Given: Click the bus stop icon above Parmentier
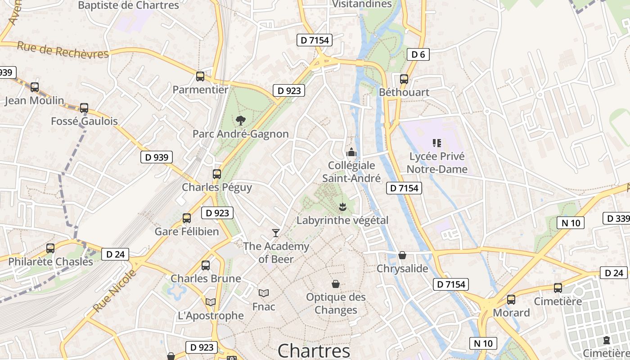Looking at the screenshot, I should coord(200,76).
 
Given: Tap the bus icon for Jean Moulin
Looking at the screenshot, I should coord(35,87).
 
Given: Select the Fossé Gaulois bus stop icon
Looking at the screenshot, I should coord(84,108).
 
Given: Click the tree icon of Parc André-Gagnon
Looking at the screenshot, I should coord(241,120).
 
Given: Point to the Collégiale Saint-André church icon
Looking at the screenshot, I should coord(351,152).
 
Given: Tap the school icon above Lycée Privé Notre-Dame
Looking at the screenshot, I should coord(436,143).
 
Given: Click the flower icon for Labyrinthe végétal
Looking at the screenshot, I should coord(342,207).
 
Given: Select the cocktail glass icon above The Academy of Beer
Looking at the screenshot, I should coord(276,233).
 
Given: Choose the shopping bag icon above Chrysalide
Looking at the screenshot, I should coord(402,255).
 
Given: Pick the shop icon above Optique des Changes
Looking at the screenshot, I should coord(336,284).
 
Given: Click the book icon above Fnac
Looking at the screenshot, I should coord(264,293).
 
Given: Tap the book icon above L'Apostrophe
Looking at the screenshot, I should coord(211,302).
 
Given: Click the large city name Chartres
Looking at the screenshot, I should coord(314,351).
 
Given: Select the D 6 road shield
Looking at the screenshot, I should coord(418,54).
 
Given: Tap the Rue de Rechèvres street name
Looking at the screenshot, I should coord(63,50).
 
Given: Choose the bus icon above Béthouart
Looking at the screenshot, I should coord(404,79).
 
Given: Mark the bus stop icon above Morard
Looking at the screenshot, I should coord(511,299).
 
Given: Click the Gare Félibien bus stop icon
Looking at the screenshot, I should coord(187,218).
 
